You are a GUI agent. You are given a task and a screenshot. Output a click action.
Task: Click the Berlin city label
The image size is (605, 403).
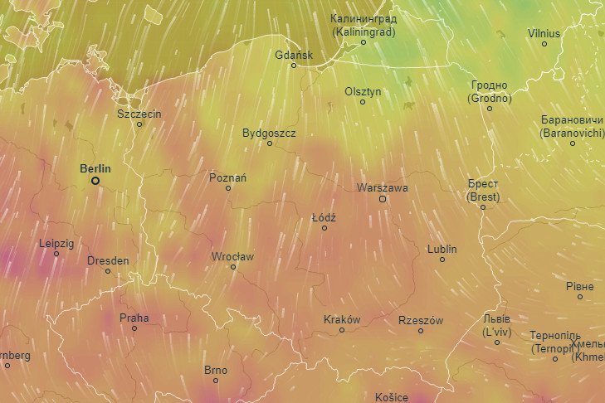tap(95, 168)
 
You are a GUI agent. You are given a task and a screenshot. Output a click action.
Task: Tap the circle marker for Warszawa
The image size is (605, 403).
tap(383, 199)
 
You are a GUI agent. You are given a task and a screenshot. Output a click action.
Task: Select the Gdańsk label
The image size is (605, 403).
tap(294, 55)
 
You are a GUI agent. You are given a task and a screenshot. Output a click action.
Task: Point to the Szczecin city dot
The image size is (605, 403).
tap(139, 124)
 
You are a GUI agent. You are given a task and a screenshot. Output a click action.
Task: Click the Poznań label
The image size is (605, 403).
tap(228, 177)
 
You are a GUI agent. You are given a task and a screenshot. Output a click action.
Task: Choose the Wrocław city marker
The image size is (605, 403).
tap(233, 267)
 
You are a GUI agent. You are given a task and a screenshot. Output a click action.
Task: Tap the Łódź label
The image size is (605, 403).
tap(324, 217)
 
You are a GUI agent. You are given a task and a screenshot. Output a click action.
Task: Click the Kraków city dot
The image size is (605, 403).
tap(341, 330)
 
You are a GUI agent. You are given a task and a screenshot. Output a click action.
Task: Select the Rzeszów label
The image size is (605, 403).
tap(421, 320)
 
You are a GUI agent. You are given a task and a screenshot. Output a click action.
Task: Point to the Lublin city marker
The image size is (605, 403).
tap(442, 260)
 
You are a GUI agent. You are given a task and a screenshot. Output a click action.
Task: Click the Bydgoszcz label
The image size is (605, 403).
tap(269, 133)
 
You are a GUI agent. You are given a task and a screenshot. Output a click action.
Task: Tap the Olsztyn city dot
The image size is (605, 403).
tap(362, 102)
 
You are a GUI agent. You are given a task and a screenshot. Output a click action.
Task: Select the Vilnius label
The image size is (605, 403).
tap(544, 33)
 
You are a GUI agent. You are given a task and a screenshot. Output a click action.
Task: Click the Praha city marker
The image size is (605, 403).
tap(134, 328)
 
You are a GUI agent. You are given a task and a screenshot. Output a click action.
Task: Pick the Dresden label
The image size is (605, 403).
tap(108, 260)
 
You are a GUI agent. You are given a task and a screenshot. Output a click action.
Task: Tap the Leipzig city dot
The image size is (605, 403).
tap(56, 254)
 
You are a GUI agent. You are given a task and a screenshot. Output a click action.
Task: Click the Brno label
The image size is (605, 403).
tap(215, 370)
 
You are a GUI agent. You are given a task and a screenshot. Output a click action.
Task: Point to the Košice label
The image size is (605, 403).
tap(392, 397)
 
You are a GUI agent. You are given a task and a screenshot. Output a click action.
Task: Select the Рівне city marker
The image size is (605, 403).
tap(580, 297)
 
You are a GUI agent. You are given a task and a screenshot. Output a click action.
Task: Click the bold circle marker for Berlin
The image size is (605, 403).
tap(95, 180)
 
